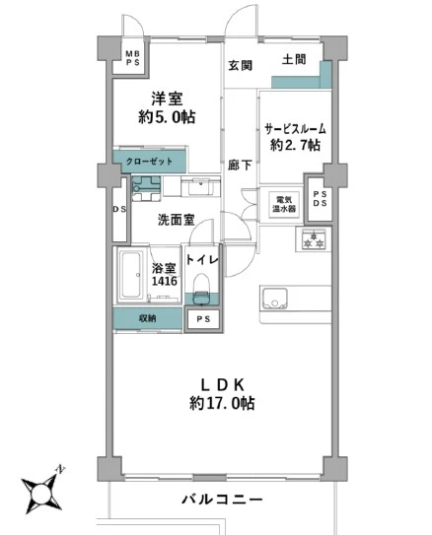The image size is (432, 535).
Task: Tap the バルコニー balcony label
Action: tap(222, 500)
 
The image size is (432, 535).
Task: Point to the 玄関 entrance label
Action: tap(241, 66)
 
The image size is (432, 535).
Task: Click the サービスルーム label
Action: tap(295, 129)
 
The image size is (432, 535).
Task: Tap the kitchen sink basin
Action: tap(275, 299)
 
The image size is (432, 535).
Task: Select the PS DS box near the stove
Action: tap(320, 199)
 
